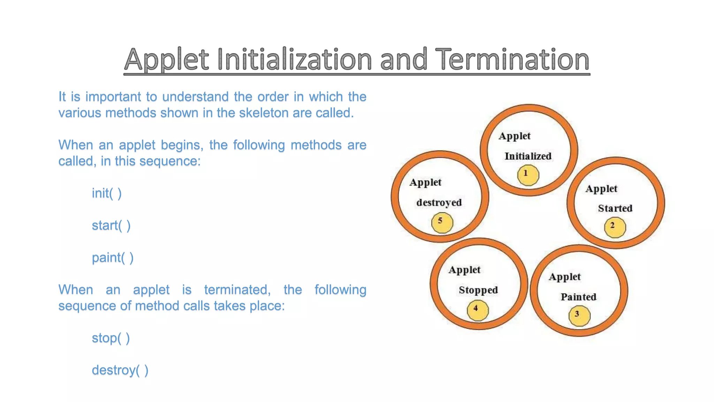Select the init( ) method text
click(107, 193)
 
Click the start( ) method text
click(111, 225)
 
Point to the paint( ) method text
click(113, 258)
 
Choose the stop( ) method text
click(111, 338)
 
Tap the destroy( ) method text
click(120, 370)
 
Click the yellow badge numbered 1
click(528, 175)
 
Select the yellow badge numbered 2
click(615, 227)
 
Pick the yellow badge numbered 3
click(579, 315)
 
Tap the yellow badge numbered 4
click(477, 310)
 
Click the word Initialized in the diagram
click(528, 156)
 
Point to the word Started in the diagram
click(615, 208)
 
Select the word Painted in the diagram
click(578, 297)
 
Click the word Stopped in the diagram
click(478, 290)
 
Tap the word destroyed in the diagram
click(439, 202)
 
